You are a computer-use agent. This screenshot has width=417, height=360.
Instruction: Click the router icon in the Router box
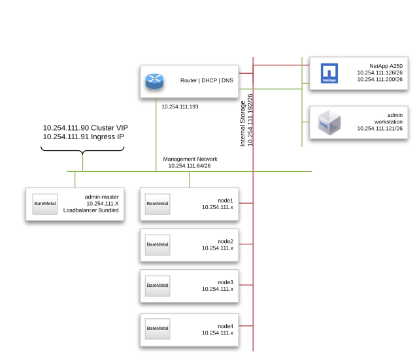click(x=155, y=81)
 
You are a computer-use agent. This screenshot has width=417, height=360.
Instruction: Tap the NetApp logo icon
click(x=328, y=73)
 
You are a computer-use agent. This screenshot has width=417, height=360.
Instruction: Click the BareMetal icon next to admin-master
click(x=45, y=204)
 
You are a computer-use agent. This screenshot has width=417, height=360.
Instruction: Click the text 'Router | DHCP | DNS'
click(x=207, y=81)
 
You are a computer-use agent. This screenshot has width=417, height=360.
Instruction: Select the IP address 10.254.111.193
click(x=180, y=106)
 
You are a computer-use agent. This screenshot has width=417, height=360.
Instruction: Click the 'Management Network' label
click(x=190, y=159)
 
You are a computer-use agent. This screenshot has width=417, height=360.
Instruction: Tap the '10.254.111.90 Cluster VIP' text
click(x=83, y=127)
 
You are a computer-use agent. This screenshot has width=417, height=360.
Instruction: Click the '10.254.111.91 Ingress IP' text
click(x=83, y=137)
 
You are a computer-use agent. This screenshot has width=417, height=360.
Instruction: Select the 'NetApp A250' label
click(x=386, y=66)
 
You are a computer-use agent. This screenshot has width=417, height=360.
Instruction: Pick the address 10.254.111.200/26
click(x=380, y=80)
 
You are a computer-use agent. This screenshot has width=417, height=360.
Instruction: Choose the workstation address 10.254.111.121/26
click(x=380, y=129)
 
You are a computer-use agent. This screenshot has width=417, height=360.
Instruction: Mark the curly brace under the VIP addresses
click(x=82, y=152)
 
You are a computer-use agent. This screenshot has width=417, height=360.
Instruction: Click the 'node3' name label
click(x=225, y=282)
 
